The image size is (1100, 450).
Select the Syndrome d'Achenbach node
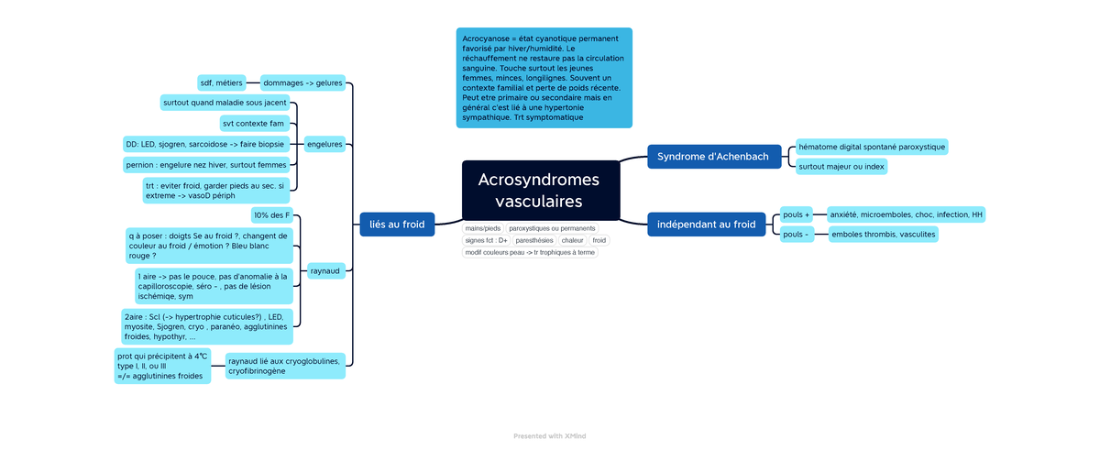click(714, 157)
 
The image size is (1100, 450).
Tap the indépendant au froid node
click(706, 224)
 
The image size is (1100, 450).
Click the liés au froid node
click(397, 225)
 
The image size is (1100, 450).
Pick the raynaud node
click(324, 271)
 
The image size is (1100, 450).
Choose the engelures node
click(324, 144)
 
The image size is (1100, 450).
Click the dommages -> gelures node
click(302, 82)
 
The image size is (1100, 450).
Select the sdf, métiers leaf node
click(221, 82)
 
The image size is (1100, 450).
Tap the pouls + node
click(796, 214)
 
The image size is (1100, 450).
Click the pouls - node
click(795, 235)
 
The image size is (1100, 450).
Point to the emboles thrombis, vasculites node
click(882, 235)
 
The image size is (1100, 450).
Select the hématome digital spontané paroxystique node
click(870, 147)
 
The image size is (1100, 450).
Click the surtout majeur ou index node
click(841, 167)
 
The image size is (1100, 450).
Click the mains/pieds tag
click(483, 228)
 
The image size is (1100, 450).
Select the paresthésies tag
click(534, 240)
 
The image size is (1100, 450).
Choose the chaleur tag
click(573, 240)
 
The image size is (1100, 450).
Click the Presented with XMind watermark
click(549, 436)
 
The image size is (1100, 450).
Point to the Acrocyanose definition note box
click(544, 78)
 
